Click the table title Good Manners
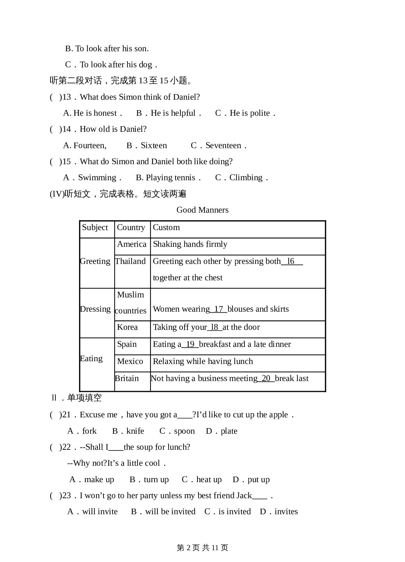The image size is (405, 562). tap(202, 210)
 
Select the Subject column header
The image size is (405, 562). tap(95, 228)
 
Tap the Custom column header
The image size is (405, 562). tap(166, 228)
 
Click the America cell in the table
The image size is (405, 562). tap(132, 244)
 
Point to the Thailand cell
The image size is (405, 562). tap(130, 261)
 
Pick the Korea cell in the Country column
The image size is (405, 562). tap(127, 327)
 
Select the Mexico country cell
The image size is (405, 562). tap(130, 362)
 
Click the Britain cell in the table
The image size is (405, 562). tap(127, 379)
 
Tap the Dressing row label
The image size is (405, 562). tap(95, 309)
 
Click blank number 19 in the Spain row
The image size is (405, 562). tap(190, 344)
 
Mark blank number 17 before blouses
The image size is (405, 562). tap(219, 309)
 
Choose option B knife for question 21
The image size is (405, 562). tap(128, 431)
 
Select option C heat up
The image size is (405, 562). tap(202, 480)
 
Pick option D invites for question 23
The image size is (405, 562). tap(279, 512)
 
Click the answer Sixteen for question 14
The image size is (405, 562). tap(147, 146)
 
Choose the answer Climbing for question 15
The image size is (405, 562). tap(242, 178)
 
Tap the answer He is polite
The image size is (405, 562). tap(246, 113)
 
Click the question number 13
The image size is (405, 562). tap(67, 97)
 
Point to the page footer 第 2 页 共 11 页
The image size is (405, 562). tap(202, 548)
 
